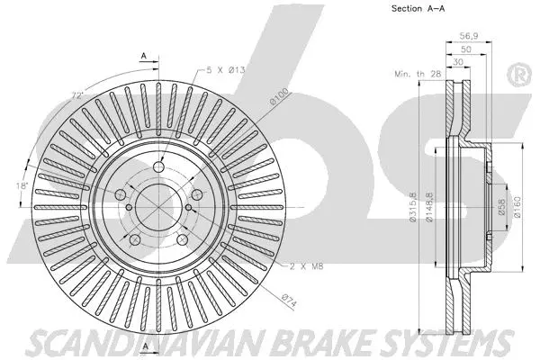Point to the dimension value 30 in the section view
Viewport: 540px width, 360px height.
[460, 62]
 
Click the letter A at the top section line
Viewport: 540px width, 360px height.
[143, 56]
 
